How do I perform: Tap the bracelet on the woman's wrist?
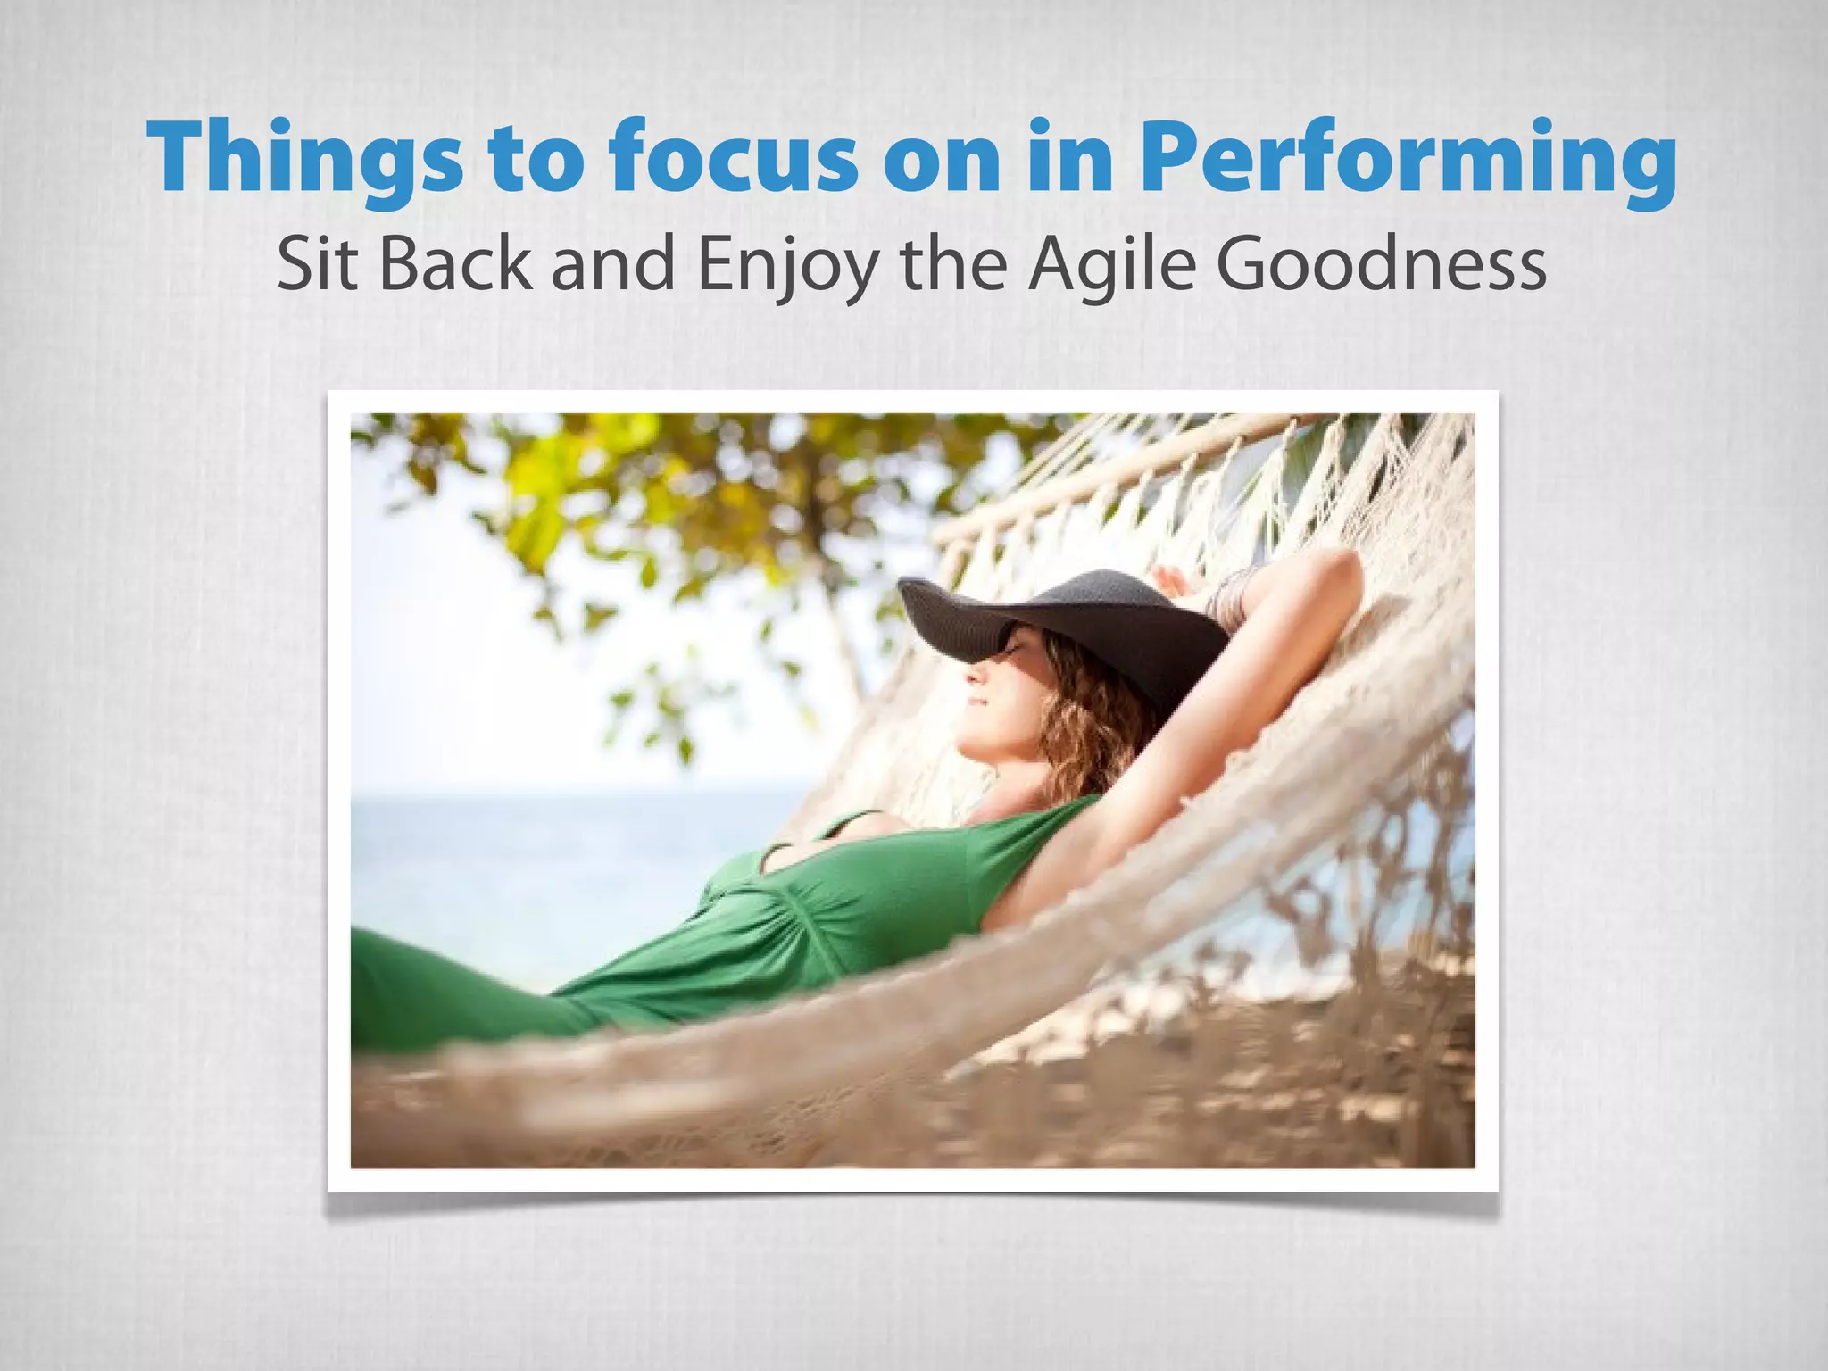click(x=1230, y=592)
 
